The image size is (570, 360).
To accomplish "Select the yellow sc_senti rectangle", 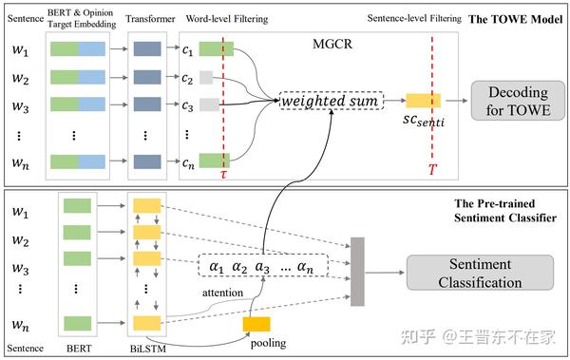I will pos(423,101).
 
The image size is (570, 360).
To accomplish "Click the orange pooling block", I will pos(256,324).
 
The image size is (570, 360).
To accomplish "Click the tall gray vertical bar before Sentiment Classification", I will pos(358,271).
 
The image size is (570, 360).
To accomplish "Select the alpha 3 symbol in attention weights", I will pos(262,268).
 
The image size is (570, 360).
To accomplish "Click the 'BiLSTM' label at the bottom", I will pos(146,350).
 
